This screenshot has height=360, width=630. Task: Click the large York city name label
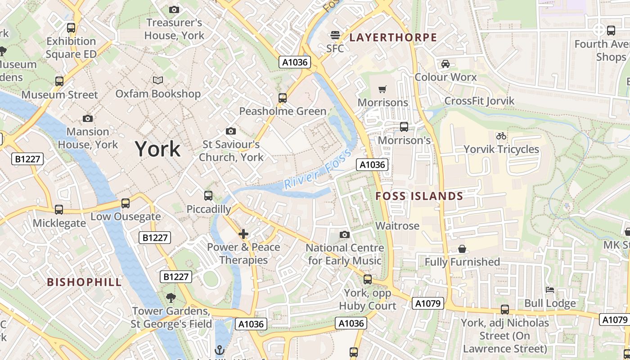pyautogui.click(x=157, y=149)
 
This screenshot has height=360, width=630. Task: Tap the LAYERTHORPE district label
pyautogui.click(x=393, y=37)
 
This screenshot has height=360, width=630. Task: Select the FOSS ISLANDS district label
pyautogui.click(x=419, y=196)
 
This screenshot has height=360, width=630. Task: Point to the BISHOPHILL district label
pyautogui.click(x=85, y=282)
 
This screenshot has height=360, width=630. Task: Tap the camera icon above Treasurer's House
pyautogui.click(x=174, y=9)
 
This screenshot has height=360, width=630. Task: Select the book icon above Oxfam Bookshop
pyautogui.click(x=158, y=80)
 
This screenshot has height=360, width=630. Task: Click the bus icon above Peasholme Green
pyautogui.click(x=283, y=98)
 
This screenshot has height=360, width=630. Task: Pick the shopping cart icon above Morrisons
pyautogui.click(x=382, y=89)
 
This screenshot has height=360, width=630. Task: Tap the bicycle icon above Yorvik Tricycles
pyautogui.click(x=501, y=135)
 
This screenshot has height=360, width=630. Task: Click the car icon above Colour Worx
pyautogui.click(x=445, y=63)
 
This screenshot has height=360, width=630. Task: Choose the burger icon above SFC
pyautogui.click(x=335, y=35)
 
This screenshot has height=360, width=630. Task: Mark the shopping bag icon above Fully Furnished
pyautogui.click(x=462, y=249)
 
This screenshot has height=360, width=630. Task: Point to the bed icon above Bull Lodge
pyautogui.click(x=550, y=290)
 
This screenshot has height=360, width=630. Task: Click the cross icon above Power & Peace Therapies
pyautogui.click(x=243, y=234)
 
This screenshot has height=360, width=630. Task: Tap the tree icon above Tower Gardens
pyautogui.click(x=171, y=297)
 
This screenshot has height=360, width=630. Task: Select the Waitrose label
pyautogui.click(x=397, y=226)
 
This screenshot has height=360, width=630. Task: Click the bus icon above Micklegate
pyautogui.click(x=59, y=210)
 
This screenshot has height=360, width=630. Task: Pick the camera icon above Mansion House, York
pyautogui.click(x=88, y=118)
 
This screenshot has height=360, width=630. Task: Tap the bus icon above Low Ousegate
pyautogui.click(x=126, y=203)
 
